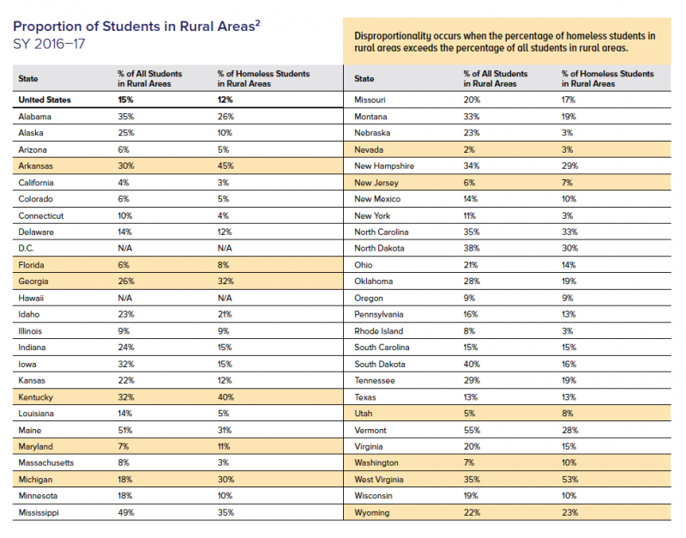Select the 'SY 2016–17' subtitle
[x=49, y=42]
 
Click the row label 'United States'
[x=45, y=100]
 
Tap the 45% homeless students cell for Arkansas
[x=226, y=166]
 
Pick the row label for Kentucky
[x=36, y=397]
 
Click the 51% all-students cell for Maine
[x=124, y=430]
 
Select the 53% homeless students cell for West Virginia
[x=570, y=480]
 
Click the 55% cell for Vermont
[x=471, y=430]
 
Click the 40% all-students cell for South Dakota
[x=472, y=364]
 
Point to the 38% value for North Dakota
[x=471, y=248]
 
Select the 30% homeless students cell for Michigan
[x=226, y=480]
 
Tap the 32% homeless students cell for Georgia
[x=226, y=281]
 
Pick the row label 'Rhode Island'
[x=378, y=331]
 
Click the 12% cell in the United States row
[x=226, y=100]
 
